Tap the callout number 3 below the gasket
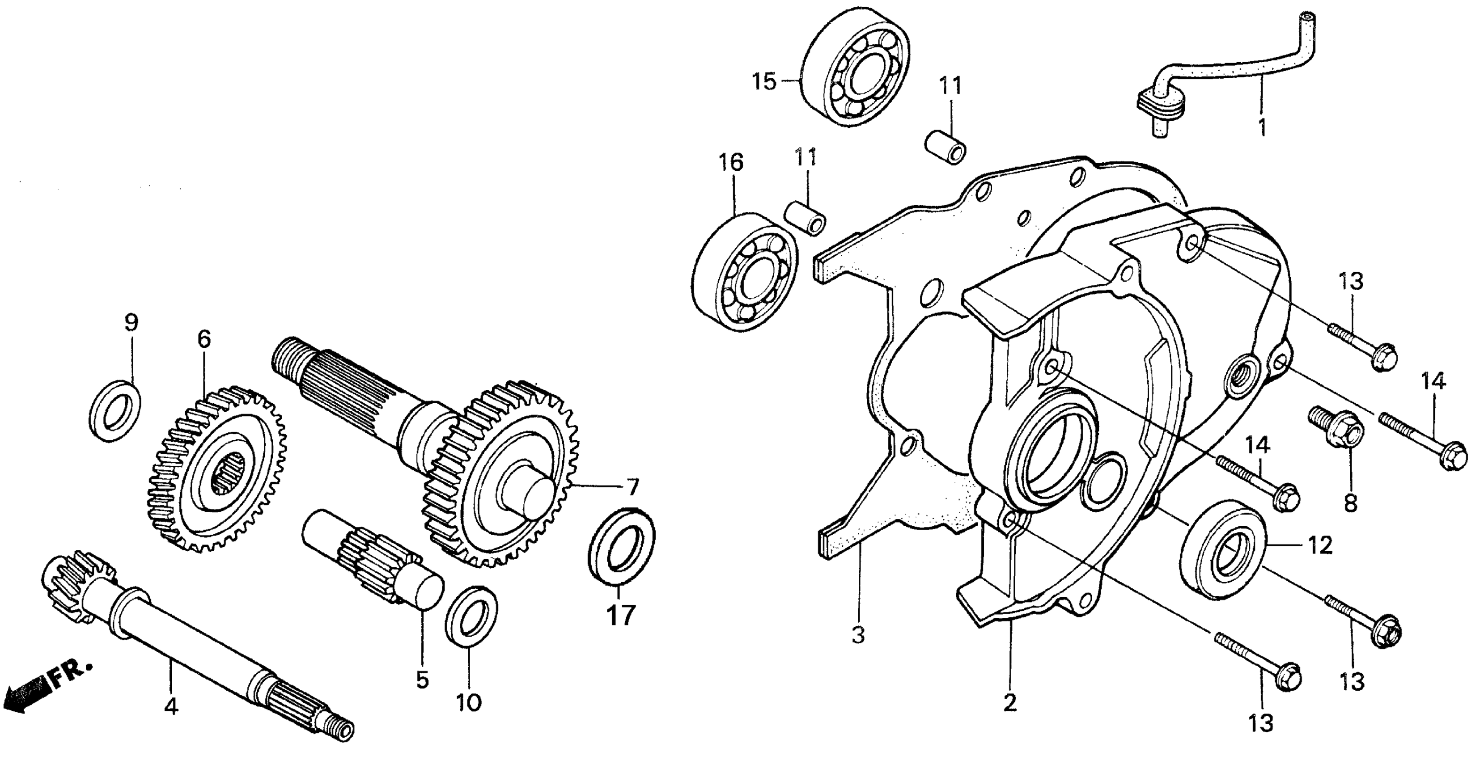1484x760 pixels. tap(858, 636)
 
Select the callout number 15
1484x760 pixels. tap(764, 82)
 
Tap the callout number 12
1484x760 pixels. tap(1320, 546)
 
